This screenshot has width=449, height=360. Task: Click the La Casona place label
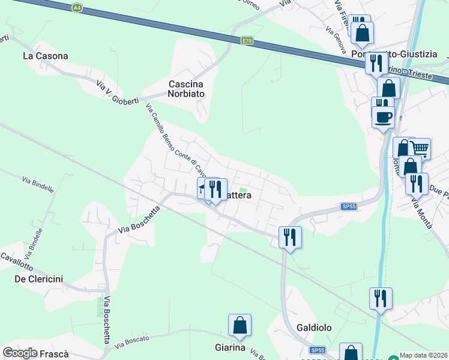45,56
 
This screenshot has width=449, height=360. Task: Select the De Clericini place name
39,279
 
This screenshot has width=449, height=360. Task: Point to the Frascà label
54,353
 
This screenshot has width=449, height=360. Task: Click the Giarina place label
230,347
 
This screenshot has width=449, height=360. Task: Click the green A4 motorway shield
76,8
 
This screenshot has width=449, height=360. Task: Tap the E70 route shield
247,41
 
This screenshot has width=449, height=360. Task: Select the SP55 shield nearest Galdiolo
318,350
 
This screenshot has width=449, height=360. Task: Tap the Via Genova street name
337,39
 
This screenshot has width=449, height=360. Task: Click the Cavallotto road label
16,261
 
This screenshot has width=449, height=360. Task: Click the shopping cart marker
420,148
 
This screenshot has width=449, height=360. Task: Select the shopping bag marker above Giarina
240,325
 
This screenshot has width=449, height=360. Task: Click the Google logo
20,353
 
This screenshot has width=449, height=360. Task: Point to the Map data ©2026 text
424,355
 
